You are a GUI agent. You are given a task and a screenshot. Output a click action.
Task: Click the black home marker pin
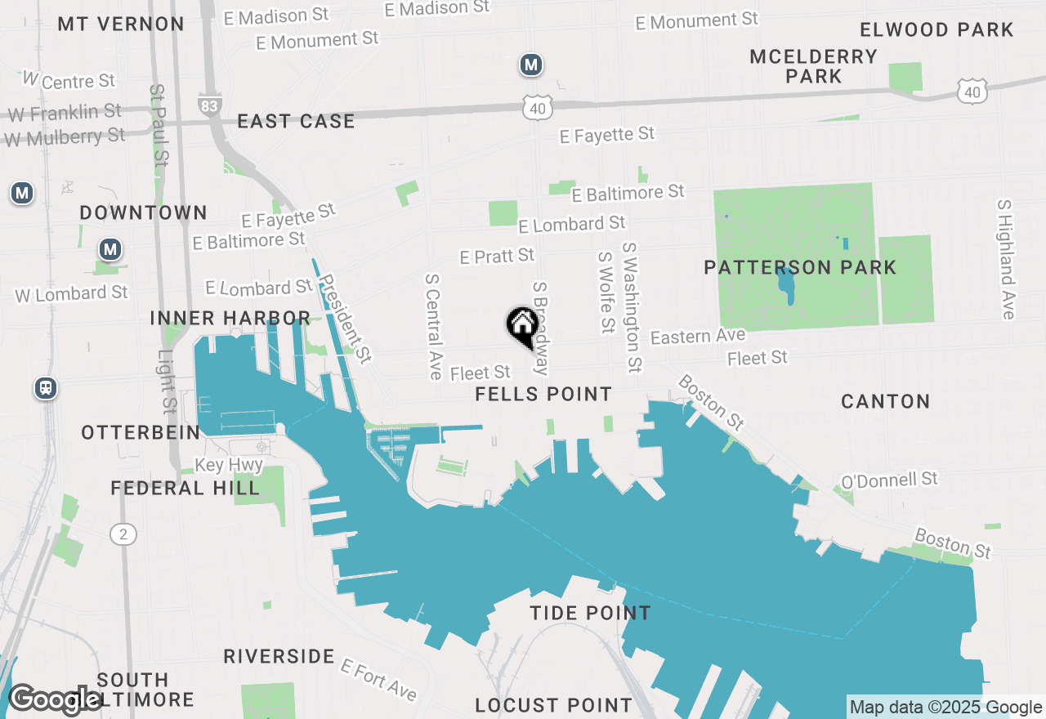pyautogui.click(x=521, y=326)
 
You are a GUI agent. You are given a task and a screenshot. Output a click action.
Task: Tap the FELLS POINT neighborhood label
pyautogui.click(x=543, y=394)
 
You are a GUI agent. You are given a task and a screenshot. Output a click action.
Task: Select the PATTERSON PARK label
pyautogui.click(x=800, y=267)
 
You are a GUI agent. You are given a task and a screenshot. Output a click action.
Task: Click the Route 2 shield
pyautogui.click(x=123, y=534)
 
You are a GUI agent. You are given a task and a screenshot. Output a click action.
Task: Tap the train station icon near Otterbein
pyautogui.click(x=46, y=388)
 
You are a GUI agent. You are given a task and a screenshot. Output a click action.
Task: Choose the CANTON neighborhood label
pyautogui.click(x=886, y=401)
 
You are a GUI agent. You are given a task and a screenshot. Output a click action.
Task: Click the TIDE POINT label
pyautogui.click(x=590, y=613)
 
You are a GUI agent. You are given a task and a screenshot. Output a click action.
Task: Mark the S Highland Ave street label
pyautogui.click(x=1005, y=259)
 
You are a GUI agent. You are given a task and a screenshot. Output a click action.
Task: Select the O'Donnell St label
pyautogui.click(x=889, y=480)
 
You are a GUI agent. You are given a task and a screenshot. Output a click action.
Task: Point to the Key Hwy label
pyautogui.click(x=229, y=465)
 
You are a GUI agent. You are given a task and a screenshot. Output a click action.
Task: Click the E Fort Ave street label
pyautogui.click(x=378, y=679)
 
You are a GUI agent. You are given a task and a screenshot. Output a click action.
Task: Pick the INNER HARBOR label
pyautogui.click(x=230, y=318)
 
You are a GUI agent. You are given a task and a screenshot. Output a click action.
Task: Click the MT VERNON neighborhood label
pyautogui.click(x=121, y=24)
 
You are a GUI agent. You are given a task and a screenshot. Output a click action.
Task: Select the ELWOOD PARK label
pyautogui.click(x=936, y=30)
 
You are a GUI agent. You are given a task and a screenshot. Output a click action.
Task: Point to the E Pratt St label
pyautogui.click(x=497, y=257)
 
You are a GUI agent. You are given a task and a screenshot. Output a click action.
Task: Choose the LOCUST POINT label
pyautogui.click(x=553, y=705)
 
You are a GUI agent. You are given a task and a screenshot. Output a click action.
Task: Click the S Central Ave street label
pyautogui.click(x=432, y=325)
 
